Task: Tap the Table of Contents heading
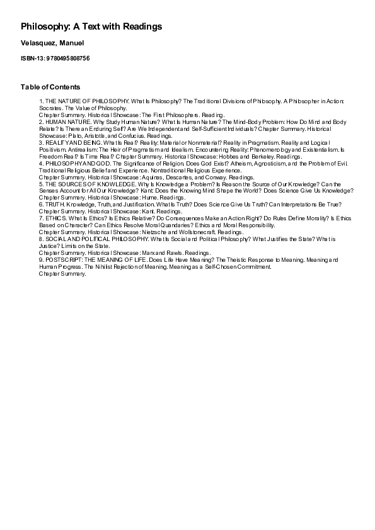click(x=50, y=87)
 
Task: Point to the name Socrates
click(x=52, y=108)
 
